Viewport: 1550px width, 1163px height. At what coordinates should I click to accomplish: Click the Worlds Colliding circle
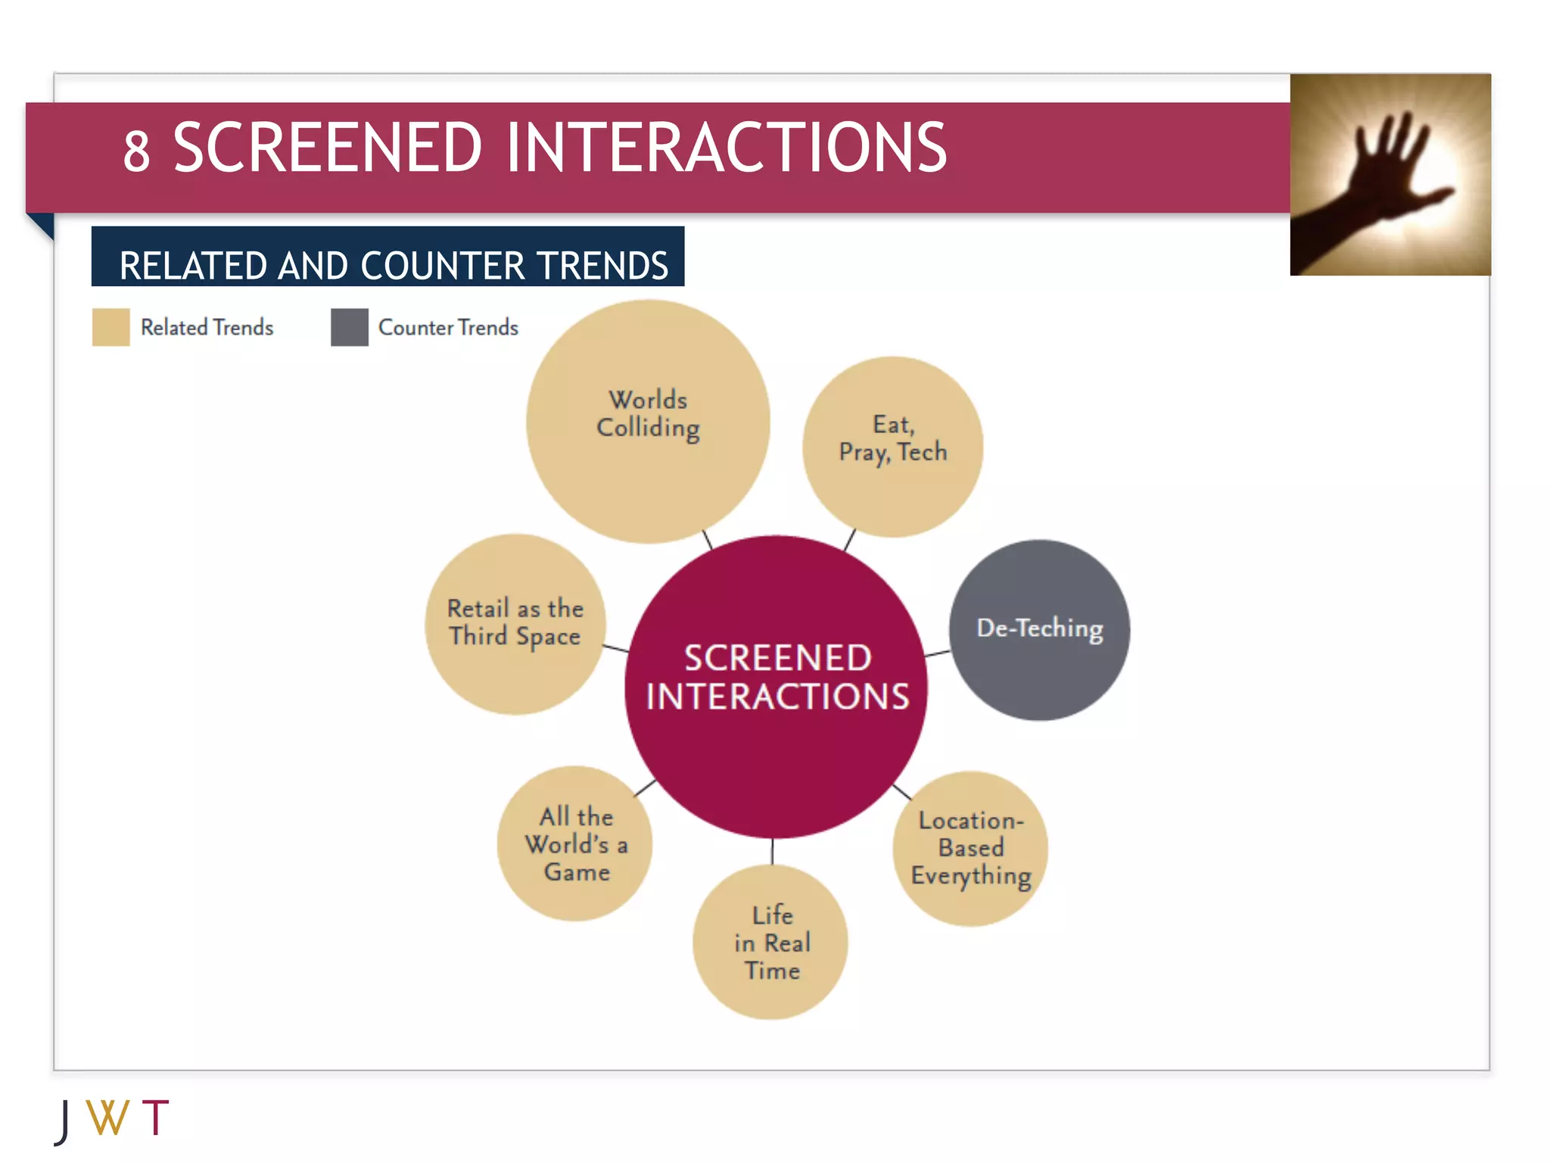[648, 421]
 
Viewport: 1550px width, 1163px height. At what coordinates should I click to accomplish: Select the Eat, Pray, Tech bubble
[892, 447]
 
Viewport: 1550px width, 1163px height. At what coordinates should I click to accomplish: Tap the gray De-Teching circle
[1039, 630]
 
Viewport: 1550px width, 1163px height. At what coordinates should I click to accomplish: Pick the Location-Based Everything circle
[970, 849]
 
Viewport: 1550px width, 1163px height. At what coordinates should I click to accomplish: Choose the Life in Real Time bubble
[770, 942]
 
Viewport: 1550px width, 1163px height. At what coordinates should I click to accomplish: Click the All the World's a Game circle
[574, 843]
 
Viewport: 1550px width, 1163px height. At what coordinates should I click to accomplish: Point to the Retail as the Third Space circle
[515, 624]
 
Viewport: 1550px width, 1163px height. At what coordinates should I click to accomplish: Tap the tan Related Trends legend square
[110, 327]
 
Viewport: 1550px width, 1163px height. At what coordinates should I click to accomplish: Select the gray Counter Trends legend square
[349, 327]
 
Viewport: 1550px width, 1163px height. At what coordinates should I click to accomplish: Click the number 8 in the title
[136, 151]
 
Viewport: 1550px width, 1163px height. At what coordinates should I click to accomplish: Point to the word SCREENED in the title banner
[327, 148]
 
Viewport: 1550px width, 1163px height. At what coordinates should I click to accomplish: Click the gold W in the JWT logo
[107, 1118]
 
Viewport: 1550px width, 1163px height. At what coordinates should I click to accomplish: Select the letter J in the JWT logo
[64, 1121]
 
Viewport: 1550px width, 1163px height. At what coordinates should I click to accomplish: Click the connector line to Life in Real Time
[772, 851]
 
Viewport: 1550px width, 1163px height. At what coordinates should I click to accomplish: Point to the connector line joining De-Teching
[938, 652]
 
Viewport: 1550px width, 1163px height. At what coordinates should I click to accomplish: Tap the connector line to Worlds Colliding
[707, 539]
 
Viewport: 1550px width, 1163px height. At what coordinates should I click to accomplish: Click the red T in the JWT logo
[155, 1118]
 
